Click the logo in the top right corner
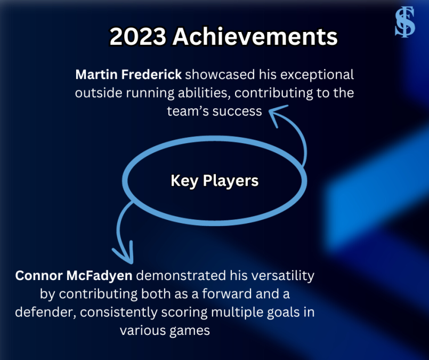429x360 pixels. click(404, 23)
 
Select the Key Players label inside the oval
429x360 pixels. click(214, 181)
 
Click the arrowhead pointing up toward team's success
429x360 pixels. click(277, 113)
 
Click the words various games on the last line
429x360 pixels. click(165, 330)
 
